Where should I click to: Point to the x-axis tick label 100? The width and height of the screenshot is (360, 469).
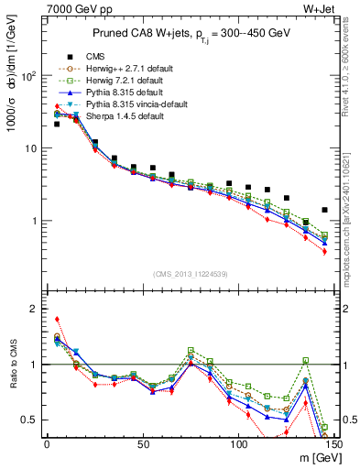point(238,443)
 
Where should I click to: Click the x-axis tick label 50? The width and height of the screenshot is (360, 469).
point(142,443)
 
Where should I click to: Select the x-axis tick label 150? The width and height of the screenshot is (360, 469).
point(334,443)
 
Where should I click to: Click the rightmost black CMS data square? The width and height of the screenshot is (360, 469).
point(324,210)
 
